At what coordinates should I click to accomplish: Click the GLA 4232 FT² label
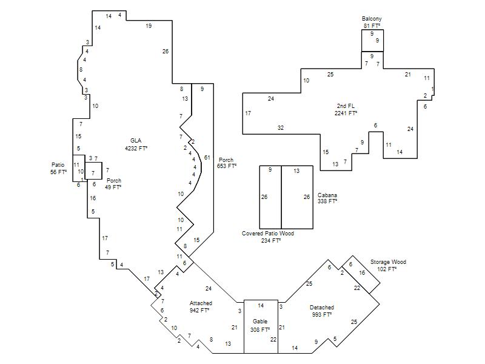[x=136, y=144]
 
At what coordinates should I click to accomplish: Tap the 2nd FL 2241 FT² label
[x=346, y=110]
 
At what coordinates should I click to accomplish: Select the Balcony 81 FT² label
[x=372, y=22]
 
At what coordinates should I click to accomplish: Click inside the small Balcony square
[x=372, y=41]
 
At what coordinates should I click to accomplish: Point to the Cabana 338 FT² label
[x=327, y=198]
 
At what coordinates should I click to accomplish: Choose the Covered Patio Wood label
[x=268, y=234]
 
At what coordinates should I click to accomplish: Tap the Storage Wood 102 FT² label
[x=388, y=266]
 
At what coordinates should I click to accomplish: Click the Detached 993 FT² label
[x=322, y=311]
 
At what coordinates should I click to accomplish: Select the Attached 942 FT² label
[x=201, y=307]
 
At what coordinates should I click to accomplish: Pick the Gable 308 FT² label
[x=260, y=326]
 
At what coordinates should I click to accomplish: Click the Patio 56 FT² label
[x=58, y=169]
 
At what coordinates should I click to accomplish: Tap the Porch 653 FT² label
[x=226, y=163]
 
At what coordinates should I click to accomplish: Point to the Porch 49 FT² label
[x=113, y=184]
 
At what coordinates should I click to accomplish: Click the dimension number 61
[x=207, y=158]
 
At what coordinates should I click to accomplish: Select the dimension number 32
[x=281, y=127]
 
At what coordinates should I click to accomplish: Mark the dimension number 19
[x=149, y=26]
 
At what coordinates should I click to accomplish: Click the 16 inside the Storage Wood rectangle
[x=362, y=272]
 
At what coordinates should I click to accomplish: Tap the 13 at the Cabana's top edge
[x=296, y=170]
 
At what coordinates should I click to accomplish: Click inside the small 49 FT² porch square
[x=93, y=170]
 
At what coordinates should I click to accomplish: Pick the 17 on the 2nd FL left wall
[x=248, y=113]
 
